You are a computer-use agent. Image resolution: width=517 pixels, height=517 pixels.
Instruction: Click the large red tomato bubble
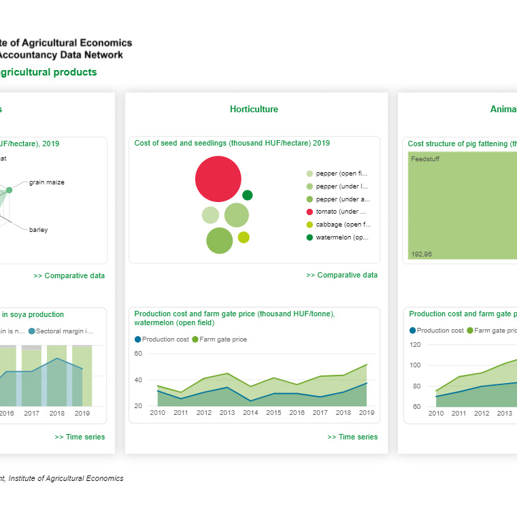(x=218, y=179)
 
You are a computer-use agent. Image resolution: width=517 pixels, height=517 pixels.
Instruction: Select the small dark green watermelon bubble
(x=248, y=195)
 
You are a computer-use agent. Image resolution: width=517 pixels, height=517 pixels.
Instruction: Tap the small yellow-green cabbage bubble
(x=244, y=237)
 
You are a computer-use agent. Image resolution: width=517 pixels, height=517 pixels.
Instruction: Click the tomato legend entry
(x=341, y=212)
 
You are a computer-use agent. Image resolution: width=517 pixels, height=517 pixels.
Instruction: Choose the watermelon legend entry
(x=341, y=237)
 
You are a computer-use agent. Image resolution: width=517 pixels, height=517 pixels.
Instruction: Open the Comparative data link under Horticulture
(x=341, y=276)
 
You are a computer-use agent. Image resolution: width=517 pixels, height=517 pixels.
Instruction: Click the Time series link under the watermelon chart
(x=352, y=437)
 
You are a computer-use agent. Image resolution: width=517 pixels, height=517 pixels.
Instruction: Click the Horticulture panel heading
(x=254, y=110)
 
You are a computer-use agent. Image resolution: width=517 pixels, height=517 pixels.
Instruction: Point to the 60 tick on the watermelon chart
(x=138, y=354)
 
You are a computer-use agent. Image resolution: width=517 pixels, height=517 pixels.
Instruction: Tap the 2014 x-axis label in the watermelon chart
(x=251, y=413)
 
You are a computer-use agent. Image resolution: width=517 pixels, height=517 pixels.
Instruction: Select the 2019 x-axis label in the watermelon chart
(x=367, y=413)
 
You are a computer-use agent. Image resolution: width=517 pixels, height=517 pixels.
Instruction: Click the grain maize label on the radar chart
(x=47, y=182)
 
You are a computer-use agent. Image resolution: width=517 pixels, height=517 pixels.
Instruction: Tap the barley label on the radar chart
(x=39, y=230)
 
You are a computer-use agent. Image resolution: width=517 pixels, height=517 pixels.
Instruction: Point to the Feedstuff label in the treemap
(x=425, y=159)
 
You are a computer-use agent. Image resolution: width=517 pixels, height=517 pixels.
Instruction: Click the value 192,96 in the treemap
(x=422, y=254)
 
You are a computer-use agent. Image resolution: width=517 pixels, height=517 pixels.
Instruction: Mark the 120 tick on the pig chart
(x=415, y=345)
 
